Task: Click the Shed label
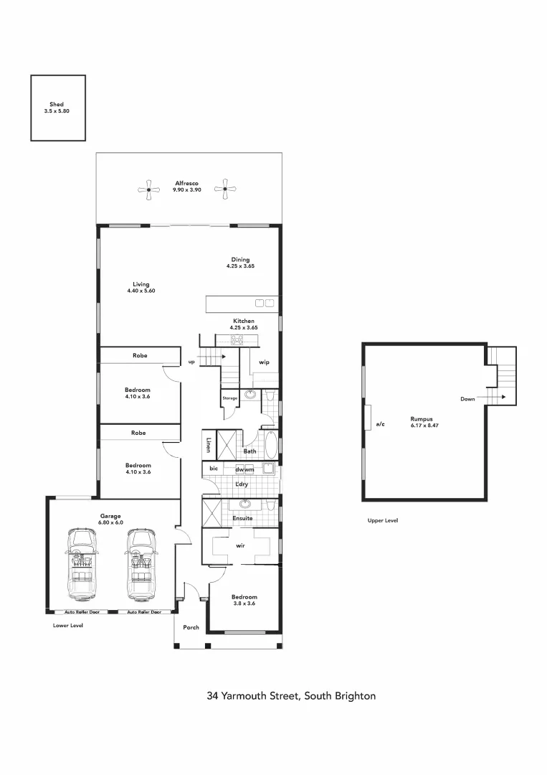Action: [x=57, y=105]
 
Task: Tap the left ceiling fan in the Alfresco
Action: [x=148, y=189]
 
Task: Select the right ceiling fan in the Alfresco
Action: [x=225, y=189]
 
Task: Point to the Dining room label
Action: [x=239, y=260]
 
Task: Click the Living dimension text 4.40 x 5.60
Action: [x=141, y=291]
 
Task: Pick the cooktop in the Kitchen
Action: [x=237, y=340]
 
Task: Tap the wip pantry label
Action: [x=264, y=362]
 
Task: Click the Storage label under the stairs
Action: [x=229, y=398]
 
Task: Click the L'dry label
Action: [x=242, y=486]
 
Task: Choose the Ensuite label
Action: [x=243, y=517]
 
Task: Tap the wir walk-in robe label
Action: [x=241, y=546]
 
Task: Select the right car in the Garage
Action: [x=141, y=565]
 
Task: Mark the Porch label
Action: [x=191, y=627]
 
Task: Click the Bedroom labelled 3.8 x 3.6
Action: [x=244, y=600]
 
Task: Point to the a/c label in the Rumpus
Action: [x=380, y=424]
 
